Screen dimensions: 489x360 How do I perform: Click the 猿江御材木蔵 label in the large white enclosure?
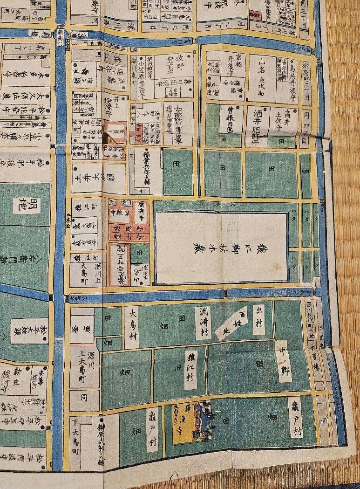221,247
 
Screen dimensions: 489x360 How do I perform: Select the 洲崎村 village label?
203,322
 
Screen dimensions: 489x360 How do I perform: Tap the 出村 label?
259,319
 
